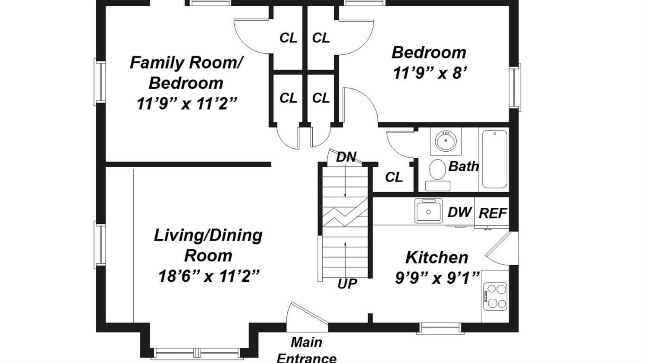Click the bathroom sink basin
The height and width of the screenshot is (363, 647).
pyautogui.click(x=446, y=141)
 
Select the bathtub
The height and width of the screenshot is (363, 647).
pyautogui.click(x=494, y=159)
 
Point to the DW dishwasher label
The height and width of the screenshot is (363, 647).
pyautogui.click(x=459, y=212)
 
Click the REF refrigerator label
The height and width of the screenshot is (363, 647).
pyautogui.click(x=493, y=213)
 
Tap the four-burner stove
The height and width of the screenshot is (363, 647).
pyautogui.click(x=496, y=297)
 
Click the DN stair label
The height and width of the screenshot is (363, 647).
pyautogui.click(x=346, y=157)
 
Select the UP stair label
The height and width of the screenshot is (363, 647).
pyautogui.click(x=347, y=284)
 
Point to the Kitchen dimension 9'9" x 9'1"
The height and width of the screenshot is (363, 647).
pyautogui.click(x=437, y=278)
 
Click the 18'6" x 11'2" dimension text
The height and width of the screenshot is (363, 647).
pyautogui.click(x=209, y=276)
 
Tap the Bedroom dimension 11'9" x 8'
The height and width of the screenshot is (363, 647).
pyautogui.click(x=430, y=73)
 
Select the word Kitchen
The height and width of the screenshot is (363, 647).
pyautogui.click(x=437, y=257)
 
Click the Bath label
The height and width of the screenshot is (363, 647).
pyautogui.click(x=463, y=166)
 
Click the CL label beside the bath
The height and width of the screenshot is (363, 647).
pyautogui.click(x=394, y=177)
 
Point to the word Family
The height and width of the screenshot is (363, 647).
pyautogui.click(x=157, y=63)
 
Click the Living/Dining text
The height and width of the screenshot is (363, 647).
pyautogui.click(x=208, y=235)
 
